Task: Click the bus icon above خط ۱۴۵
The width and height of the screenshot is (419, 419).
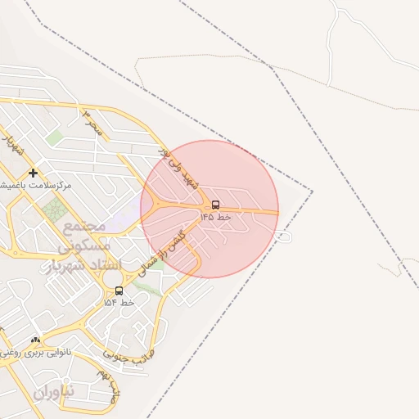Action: click(215, 205)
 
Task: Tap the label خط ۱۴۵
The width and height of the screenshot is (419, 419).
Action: click(215, 218)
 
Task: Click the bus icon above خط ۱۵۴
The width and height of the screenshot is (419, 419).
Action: click(119, 291)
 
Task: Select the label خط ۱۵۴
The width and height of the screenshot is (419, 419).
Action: click(119, 303)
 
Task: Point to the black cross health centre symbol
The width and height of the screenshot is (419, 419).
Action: click(32, 173)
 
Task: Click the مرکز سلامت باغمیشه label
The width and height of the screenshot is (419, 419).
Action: click(36, 186)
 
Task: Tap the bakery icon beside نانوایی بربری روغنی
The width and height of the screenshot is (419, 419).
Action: click(34, 340)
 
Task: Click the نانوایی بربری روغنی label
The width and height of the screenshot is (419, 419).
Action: click(36, 353)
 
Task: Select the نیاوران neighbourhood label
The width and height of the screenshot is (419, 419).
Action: click(54, 391)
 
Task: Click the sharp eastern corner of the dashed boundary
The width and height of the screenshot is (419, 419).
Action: click(312, 192)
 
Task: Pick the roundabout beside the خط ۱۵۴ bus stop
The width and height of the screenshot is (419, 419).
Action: click(112, 278)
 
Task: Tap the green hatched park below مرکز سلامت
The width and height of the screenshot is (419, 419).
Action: click(54, 210)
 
